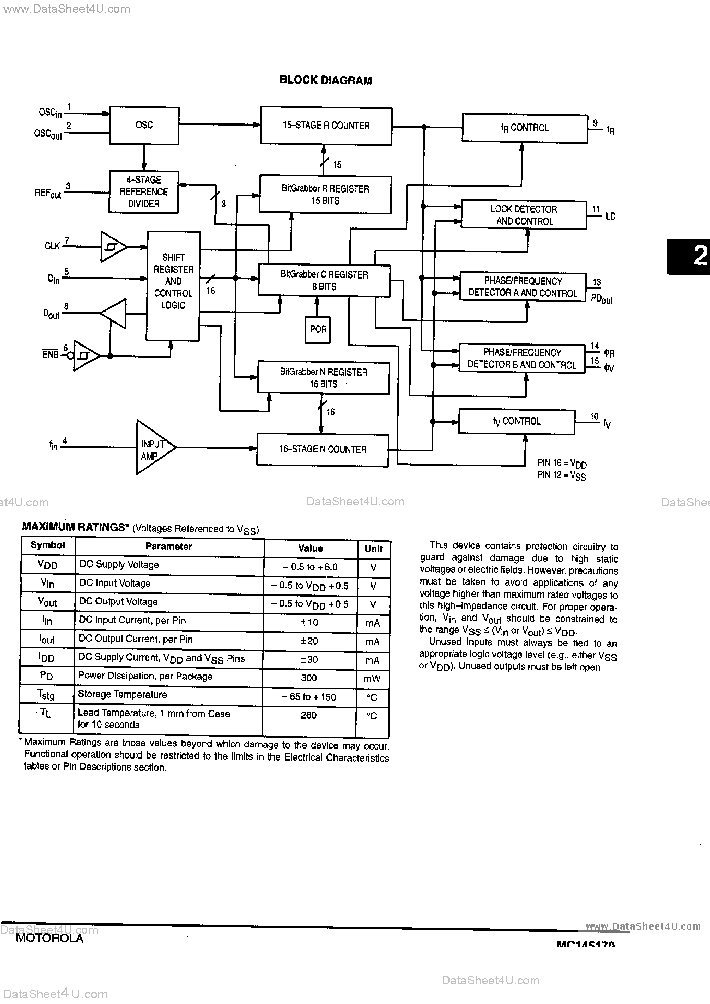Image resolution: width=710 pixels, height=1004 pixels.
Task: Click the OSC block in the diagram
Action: pyautogui.click(x=144, y=125)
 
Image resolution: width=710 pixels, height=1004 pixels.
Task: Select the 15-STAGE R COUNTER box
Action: pyautogui.click(x=326, y=126)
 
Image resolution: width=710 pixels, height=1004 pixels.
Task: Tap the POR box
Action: pyautogui.click(x=318, y=329)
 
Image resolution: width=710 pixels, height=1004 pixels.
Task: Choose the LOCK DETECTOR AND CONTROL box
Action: pyautogui.click(x=523, y=215)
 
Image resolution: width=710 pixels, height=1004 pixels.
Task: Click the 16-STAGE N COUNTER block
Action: pyautogui.click(x=322, y=450)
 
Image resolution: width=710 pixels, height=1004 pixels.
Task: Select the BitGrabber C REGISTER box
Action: pyautogui.click(x=324, y=281)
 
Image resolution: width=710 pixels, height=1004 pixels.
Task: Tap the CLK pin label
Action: pyautogui.click(x=52, y=246)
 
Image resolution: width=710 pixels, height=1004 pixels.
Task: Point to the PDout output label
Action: pyautogui.click(x=602, y=299)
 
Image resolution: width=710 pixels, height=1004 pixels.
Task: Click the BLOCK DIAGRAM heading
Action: pyautogui.click(x=326, y=80)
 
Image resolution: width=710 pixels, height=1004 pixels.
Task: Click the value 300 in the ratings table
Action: pyautogui.click(x=309, y=678)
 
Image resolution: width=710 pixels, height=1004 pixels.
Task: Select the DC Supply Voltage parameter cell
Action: pyautogui.click(x=119, y=565)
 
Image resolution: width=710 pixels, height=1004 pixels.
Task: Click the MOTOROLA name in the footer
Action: pyautogui.click(x=49, y=938)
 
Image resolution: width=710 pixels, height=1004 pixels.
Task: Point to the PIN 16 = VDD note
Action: pyautogui.click(x=562, y=463)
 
